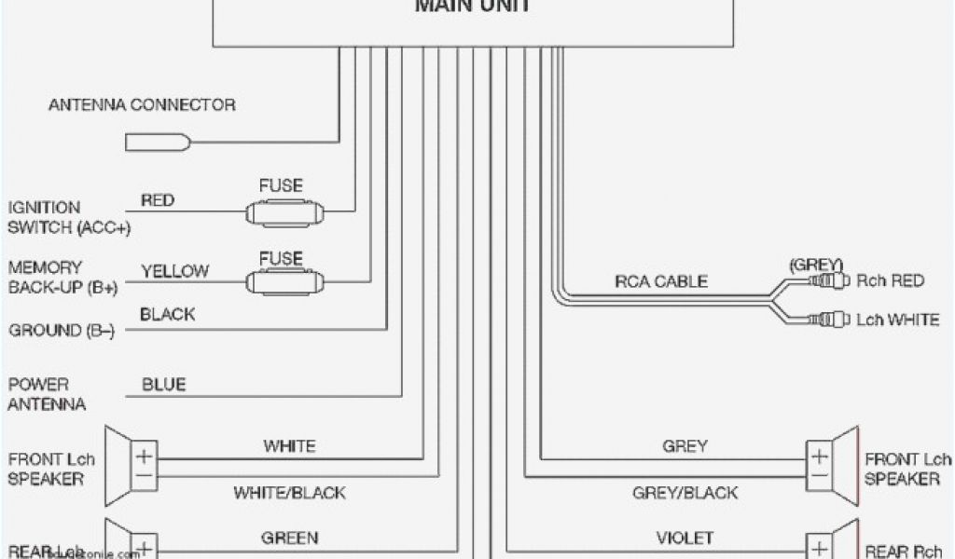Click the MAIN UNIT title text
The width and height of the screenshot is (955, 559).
point(473,7)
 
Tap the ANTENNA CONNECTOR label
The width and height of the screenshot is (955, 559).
point(142,105)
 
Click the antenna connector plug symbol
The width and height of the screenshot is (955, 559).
point(159,143)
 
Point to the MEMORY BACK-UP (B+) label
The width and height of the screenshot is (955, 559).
point(62,278)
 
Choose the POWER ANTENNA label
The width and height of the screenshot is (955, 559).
point(47,394)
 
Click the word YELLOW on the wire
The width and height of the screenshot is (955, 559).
point(175,271)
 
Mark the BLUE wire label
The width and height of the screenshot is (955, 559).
point(163,384)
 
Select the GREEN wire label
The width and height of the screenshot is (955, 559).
point(289,538)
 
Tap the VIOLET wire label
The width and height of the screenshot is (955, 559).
point(685,538)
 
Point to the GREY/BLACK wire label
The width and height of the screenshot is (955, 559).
point(685,492)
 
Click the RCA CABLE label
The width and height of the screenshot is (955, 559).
point(660,280)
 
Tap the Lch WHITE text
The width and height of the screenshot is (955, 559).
point(898,320)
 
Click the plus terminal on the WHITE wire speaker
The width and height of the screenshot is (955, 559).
point(145,457)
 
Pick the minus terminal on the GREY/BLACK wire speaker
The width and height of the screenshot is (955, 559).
point(818,479)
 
